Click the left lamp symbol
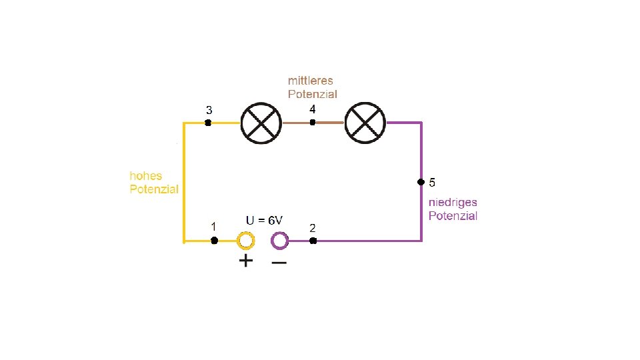[x=261, y=123]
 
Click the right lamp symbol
[x=365, y=123]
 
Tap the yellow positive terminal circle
[x=245, y=240]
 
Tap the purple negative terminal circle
[x=279, y=240]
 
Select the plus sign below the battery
[x=246, y=261]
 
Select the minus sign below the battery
[x=279, y=262]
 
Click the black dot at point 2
[x=313, y=240]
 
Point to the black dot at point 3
[x=208, y=123]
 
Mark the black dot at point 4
[x=312, y=122]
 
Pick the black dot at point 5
[x=421, y=182]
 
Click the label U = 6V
[x=265, y=220]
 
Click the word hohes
[x=145, y=177]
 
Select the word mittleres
[x=311, y=81]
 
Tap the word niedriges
[x=453, y=203]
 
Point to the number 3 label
[x=209, y=110]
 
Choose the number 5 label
[x=432, y=182]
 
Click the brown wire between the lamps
[x=330, y=123]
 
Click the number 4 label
[x=313, y=109]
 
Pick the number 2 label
[x=313, y=228]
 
